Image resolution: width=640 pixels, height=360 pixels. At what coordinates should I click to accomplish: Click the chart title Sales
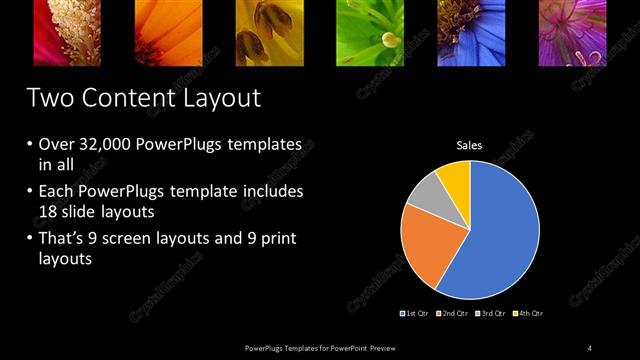point(469,146)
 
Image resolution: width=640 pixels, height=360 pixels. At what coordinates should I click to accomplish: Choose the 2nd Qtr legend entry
point(452,313)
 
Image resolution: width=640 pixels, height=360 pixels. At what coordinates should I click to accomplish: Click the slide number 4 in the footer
point(590,347)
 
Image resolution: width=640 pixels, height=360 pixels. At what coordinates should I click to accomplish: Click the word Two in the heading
point(48,98)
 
